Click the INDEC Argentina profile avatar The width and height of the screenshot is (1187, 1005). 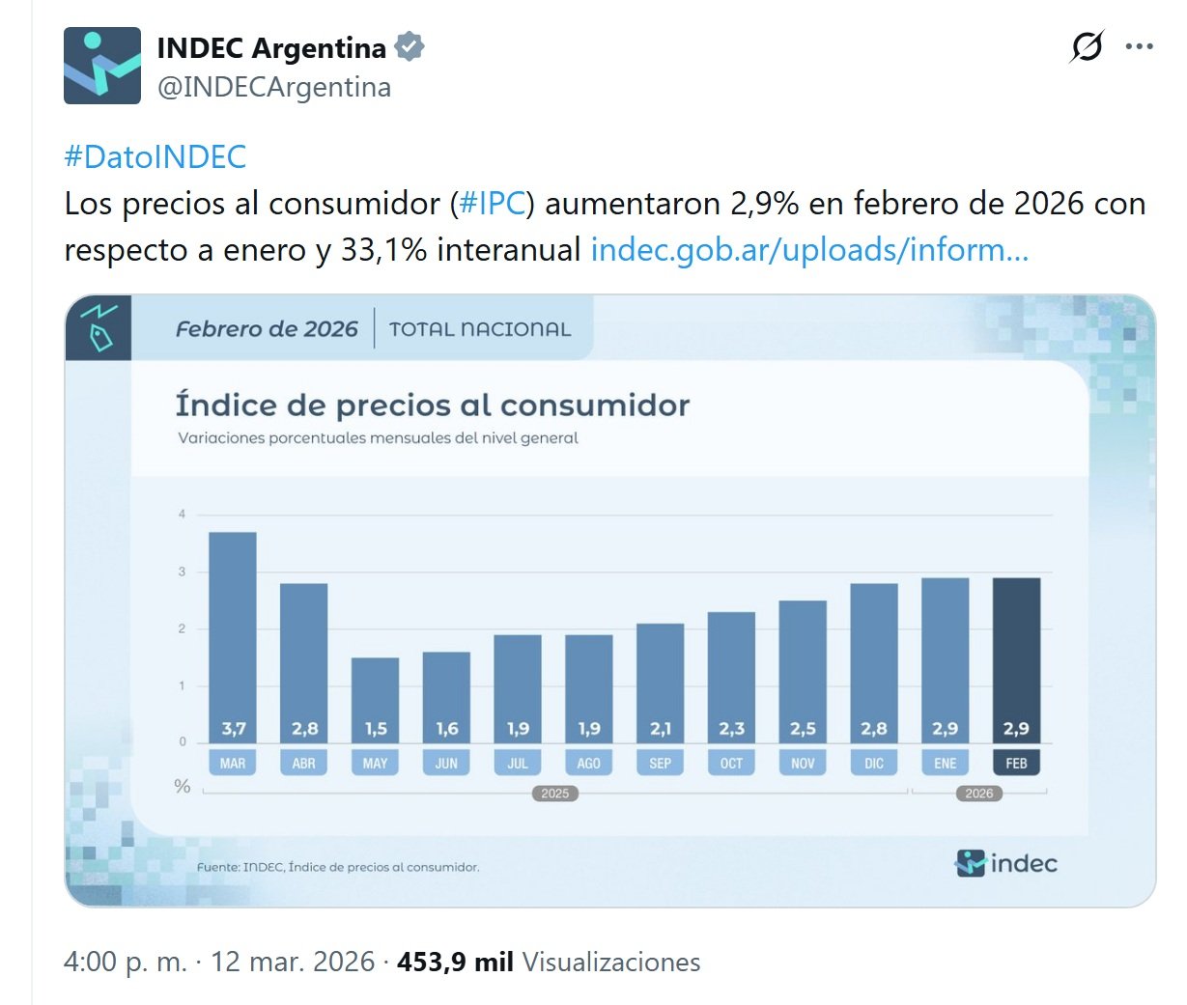pyautogui.click(x=102, y=66)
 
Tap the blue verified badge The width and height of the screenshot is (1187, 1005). pyautogui.click(x=410, y=47)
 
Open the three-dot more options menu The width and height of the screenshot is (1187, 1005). pyautogui.click(x=1140, y=47)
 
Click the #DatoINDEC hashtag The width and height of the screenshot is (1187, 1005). pyautogui.click(x=155, y=156)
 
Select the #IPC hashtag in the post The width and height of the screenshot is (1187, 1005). pyautogui.click(x=492, y=204)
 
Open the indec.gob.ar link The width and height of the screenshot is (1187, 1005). pyautogui.click(x=809, y=250)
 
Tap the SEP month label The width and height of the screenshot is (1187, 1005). pyautogui.click(x=661, y=763)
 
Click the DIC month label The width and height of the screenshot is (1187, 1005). pyautogui.click(x=874, y=763)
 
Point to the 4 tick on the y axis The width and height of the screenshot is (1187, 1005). pyautogui.click(x=182, y=515)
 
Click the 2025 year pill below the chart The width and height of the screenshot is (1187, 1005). pyautogui.click(x=555, y=794)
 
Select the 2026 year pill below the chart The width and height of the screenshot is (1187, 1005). pyautogui.click(x=978, y=794)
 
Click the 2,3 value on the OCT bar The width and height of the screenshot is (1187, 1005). pyautogui.click(x=731, y=729)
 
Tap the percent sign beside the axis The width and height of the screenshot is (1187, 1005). pyautogui.click(x=182, y=787)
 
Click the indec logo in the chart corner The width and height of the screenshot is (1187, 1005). pyautogui.click(x=1006, y=863)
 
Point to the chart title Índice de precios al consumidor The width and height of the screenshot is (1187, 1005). pyautogui.click(x=433, y=405)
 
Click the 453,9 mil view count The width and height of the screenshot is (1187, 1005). pyautogui.click(x=455, y=962)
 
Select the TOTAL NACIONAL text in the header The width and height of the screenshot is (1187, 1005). pyautogui.click(x=480, y=329)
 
